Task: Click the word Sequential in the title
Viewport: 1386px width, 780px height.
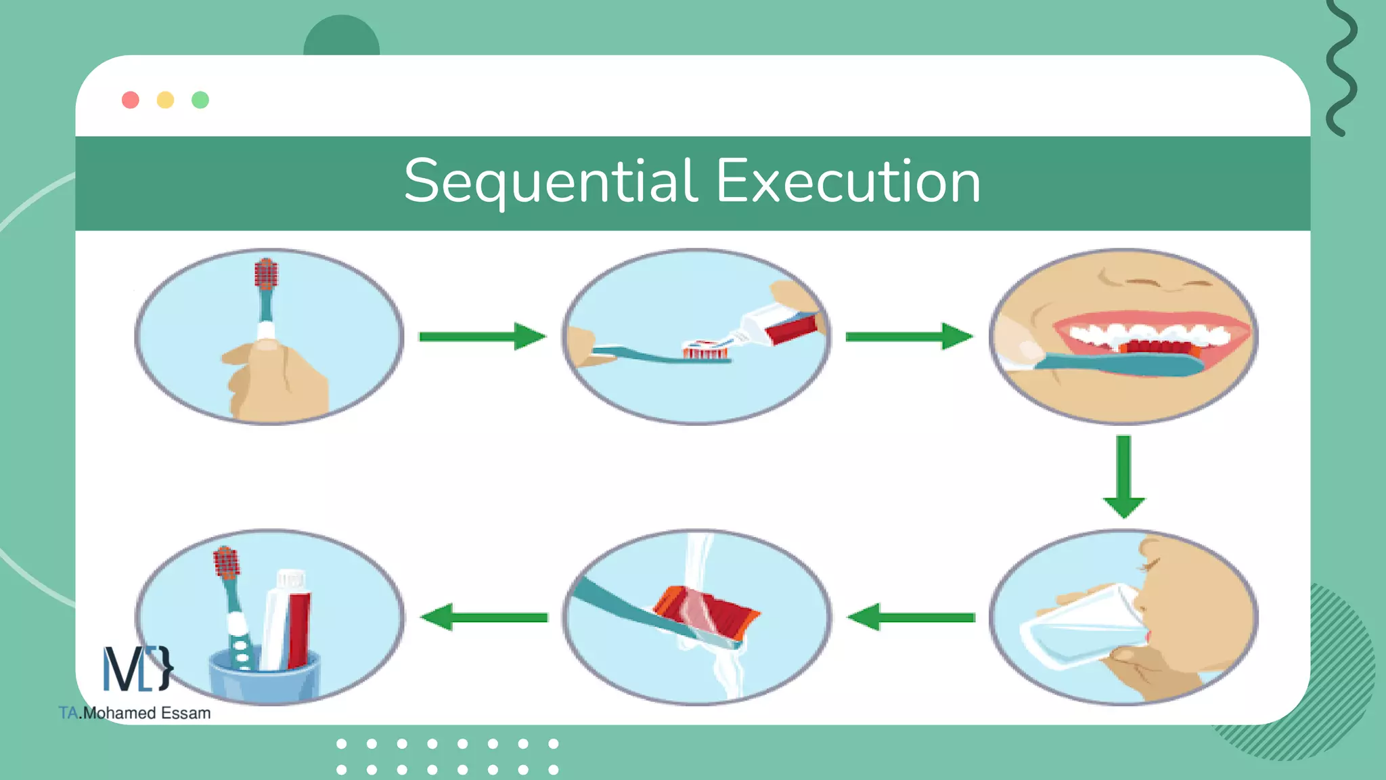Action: [x=550, y=181]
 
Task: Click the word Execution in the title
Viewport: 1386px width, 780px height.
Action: [x=848, y=181]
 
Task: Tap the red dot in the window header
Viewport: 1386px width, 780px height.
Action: [x=131, y=100]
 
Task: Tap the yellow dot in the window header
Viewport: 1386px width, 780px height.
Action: [x=165, y=100]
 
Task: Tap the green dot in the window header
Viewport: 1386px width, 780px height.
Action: [x=200, y=100]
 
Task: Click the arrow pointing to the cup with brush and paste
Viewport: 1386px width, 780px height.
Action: [x=483, y=617]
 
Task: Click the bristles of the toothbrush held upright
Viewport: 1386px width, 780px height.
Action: [x=266, y=274]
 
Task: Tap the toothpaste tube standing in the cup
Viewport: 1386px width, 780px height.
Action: [x=289, y=620]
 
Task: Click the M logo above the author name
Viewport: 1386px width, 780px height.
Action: [x=137, y=668]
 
